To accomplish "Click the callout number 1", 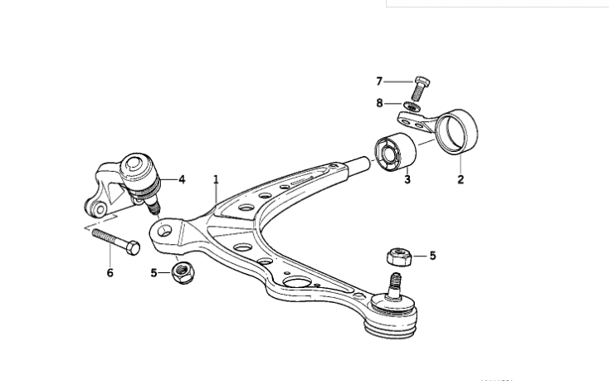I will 216,178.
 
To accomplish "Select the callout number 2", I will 460,178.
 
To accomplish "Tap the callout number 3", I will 407,178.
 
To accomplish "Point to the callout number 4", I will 182,178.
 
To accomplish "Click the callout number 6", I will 110,272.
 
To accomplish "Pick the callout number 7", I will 379,81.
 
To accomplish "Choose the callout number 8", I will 379,104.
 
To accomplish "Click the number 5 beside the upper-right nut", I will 432,256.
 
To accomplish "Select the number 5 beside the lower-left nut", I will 154,271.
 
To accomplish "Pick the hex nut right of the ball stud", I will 396,256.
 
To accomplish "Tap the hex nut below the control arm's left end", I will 181,271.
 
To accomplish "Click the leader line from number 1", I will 217,195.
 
